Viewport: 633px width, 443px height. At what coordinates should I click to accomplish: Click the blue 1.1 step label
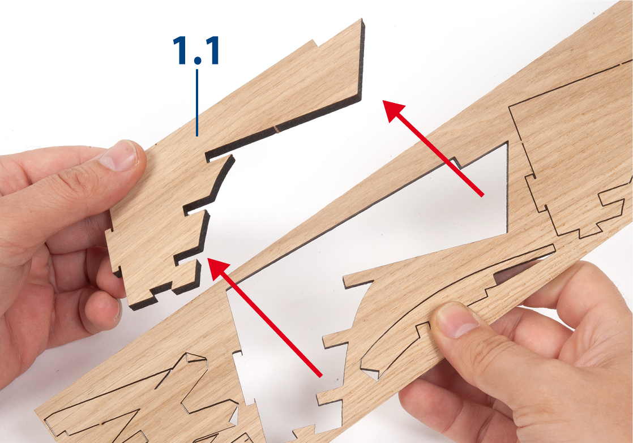click(196, 50)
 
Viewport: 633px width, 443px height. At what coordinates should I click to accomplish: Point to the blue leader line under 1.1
click(197, 103)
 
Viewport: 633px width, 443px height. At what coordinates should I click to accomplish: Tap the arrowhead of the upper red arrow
click(394, 110)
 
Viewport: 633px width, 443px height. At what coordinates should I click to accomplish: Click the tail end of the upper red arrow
click(482, 196)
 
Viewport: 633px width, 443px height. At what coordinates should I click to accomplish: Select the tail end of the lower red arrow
click(321, 376)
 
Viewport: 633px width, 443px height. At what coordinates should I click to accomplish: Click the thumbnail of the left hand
click(119, 157)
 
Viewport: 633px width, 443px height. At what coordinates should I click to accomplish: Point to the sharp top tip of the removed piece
click(362, 20)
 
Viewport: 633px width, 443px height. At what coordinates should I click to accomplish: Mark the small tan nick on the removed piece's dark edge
click(277, 128)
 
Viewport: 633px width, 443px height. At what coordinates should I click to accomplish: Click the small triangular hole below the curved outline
click(372, 374)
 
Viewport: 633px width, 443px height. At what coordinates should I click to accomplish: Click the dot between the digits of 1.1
click(197, 61)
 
